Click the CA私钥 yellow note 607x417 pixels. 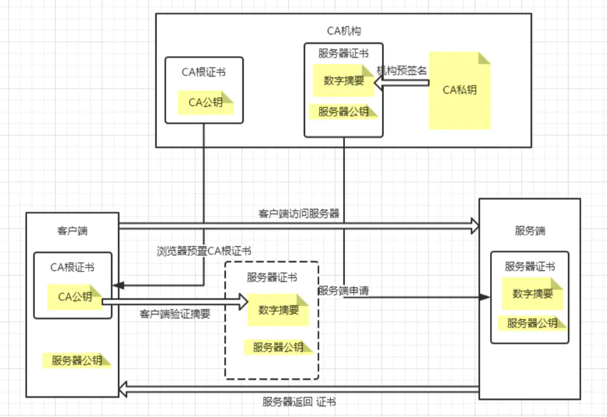pos(460,90)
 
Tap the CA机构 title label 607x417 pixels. pos(343,31)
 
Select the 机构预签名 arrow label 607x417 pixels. pos(402,70)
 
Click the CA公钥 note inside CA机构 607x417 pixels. pos(205,103)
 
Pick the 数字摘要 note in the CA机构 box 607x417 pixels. pos(343,81)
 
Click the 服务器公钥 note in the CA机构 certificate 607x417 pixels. pos(343,112)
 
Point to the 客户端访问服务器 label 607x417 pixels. pos(299,214)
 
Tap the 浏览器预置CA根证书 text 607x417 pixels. pos(203,251)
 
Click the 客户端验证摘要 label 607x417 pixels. pos(175,314)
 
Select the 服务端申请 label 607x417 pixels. pos(343,290)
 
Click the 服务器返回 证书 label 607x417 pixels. pos(303,401)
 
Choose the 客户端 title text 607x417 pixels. pos(72,231)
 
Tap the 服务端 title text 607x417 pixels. pos(530,231)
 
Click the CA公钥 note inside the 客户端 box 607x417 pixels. pos(75,297)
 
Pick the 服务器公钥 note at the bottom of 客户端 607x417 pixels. pos(77,361)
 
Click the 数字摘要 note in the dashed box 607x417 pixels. pos(279,310)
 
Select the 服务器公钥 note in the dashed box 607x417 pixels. pos(278,347)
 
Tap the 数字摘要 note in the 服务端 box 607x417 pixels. pos(532,294)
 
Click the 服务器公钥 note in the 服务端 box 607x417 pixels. pos(532,323)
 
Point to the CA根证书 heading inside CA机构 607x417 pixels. pos(203,72)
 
